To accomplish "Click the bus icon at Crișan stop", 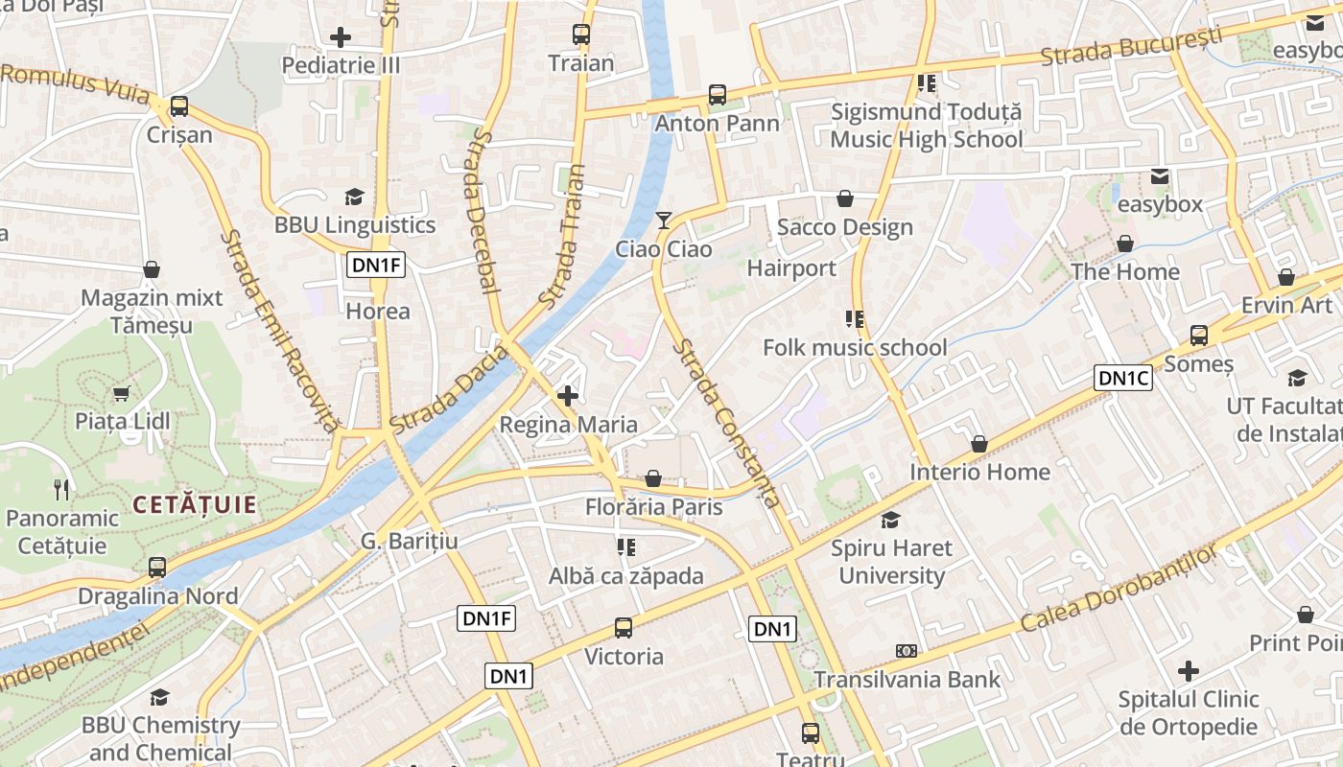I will tap(178, 106).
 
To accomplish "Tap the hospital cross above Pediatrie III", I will tap(341, 37).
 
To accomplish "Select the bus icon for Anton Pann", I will tap(718, 95).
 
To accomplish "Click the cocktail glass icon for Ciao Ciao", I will tap(663, 221).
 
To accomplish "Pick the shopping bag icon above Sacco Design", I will tap(845, 198).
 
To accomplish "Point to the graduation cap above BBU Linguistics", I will tap(355, 197).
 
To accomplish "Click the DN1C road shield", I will tap(1123, 379).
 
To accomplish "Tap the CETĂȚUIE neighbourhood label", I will tap(195, 504).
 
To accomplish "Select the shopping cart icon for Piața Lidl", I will tap(122, 393).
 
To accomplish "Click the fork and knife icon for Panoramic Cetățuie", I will tap(62, 490).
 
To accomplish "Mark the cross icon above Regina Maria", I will tap(568, 395).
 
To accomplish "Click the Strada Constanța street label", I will tap(727, 423).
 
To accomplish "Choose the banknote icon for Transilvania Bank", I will tap(907, 651).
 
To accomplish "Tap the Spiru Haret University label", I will tap(891, 562).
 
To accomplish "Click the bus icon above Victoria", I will tap(624, 628).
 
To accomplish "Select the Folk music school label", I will tap(855, 347).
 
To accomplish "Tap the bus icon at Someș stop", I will tap(1199, 336).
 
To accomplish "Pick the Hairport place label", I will tap(791, 268).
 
